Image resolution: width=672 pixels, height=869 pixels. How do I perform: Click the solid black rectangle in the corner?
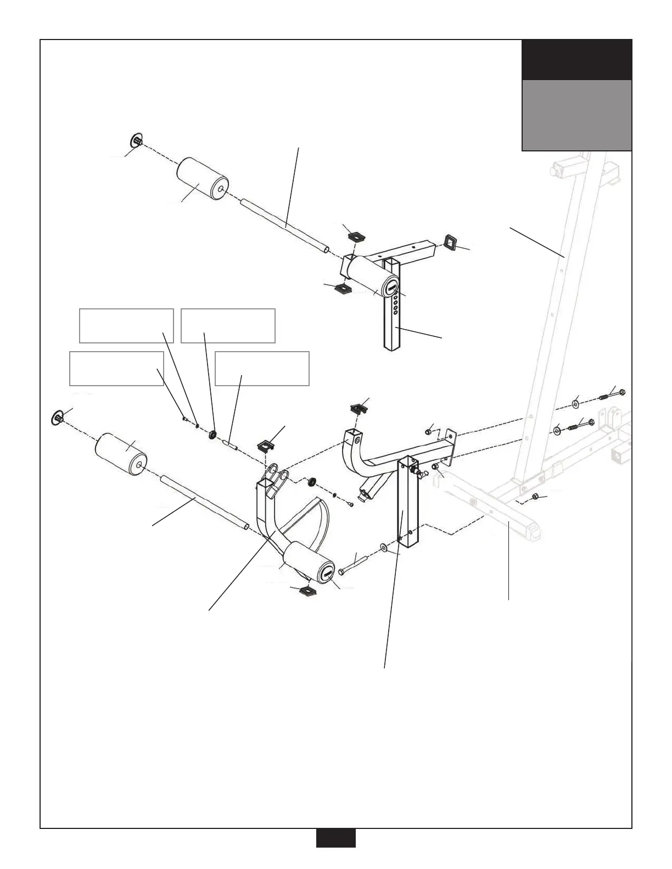(576, 60)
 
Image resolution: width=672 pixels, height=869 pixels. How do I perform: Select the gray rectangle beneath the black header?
(576, 115)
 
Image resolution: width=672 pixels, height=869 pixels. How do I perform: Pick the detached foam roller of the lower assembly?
(121, 454)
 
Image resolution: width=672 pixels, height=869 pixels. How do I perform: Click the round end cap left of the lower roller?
(57, 416)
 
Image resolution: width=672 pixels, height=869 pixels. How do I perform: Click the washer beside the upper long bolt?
(575, 404)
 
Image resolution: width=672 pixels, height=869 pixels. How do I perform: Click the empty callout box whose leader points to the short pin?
(262, 369)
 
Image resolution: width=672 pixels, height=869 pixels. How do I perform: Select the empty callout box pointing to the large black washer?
(228, 326)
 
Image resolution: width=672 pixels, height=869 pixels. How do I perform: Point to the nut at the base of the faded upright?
(535, 498)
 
